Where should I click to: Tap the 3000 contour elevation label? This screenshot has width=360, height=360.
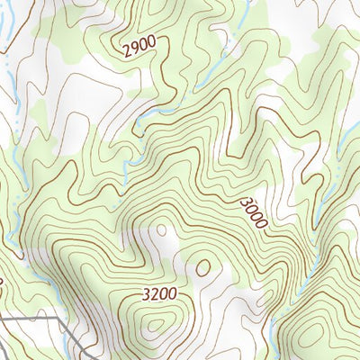pyautogui.click(x=254, y=213)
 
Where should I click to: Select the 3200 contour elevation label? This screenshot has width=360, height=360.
pyautogui.click(x=158, y=294)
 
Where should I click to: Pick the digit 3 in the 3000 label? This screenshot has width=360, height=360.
pyautogui.click(x=246, y=202)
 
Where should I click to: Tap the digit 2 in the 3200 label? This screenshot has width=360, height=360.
pyautogui.click(x=154, y=294)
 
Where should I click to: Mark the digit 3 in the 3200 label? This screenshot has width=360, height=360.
pyautogui.click(x=146, y=294)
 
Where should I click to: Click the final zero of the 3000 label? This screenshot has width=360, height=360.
pyautogui.click(x=261, y=223)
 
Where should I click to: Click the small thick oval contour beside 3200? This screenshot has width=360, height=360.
pyautogui.click(x=203, y=267)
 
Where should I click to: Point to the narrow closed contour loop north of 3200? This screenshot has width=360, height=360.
pyautogui.click(x=161, y=230)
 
